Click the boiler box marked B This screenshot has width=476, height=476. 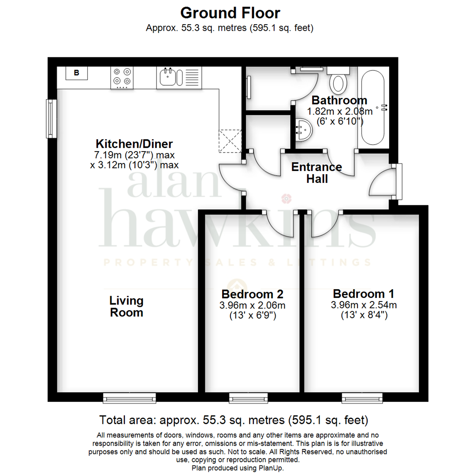[76, 73]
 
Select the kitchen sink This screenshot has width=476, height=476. [168, 77]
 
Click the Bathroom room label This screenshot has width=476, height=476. [339, 100]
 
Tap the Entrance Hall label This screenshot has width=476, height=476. [317, 173]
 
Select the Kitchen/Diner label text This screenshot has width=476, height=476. [134, 144]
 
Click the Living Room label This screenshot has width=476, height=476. [126, 306]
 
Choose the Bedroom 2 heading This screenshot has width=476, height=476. [252, 294]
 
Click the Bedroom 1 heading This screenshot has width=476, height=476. [364, 294]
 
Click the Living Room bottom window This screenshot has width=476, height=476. [130, 398]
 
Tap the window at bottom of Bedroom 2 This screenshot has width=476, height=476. [249, 398]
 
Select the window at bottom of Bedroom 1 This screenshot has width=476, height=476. [363, 398]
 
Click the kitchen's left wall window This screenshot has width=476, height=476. [52, 118]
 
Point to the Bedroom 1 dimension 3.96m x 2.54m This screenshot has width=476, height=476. [364, 305]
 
